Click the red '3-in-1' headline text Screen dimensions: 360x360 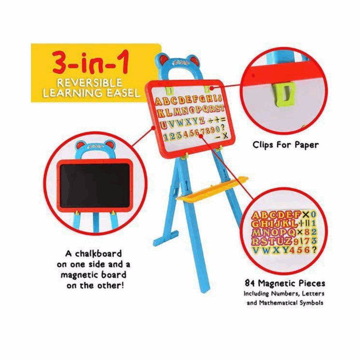90,63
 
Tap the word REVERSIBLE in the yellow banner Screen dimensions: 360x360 90,83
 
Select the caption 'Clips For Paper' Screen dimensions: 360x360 285,145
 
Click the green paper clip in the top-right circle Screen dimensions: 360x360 284,94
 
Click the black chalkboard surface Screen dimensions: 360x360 95,185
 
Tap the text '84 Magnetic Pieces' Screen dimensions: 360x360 285,283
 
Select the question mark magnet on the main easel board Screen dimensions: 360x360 222,127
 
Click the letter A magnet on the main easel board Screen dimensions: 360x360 158,102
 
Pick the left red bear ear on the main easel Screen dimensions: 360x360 164,60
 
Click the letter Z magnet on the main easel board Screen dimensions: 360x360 202,120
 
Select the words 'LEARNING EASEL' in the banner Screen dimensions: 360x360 91,93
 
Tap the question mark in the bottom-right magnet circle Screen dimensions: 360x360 314,250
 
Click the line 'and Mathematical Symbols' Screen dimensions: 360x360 285,303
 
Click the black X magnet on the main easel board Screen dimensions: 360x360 225,135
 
